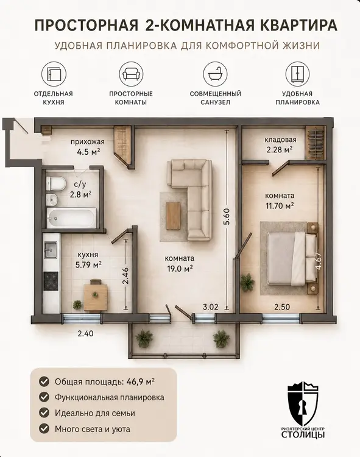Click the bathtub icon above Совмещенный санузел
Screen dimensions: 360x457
215,74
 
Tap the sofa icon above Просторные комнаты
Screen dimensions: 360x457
131,74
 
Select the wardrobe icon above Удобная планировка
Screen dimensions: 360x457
297,74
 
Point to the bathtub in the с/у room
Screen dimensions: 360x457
72,218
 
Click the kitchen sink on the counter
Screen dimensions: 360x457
51,250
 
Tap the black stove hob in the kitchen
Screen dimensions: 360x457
51,282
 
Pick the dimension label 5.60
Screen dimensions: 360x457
227,216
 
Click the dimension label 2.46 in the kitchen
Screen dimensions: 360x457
125,275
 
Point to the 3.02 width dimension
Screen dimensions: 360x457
211,306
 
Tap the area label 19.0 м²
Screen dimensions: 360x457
180,268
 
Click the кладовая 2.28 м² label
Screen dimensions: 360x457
280,144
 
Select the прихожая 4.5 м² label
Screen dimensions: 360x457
87,147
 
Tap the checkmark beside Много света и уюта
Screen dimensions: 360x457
44,429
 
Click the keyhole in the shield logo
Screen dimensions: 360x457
303,406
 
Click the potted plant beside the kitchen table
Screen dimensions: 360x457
77,305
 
